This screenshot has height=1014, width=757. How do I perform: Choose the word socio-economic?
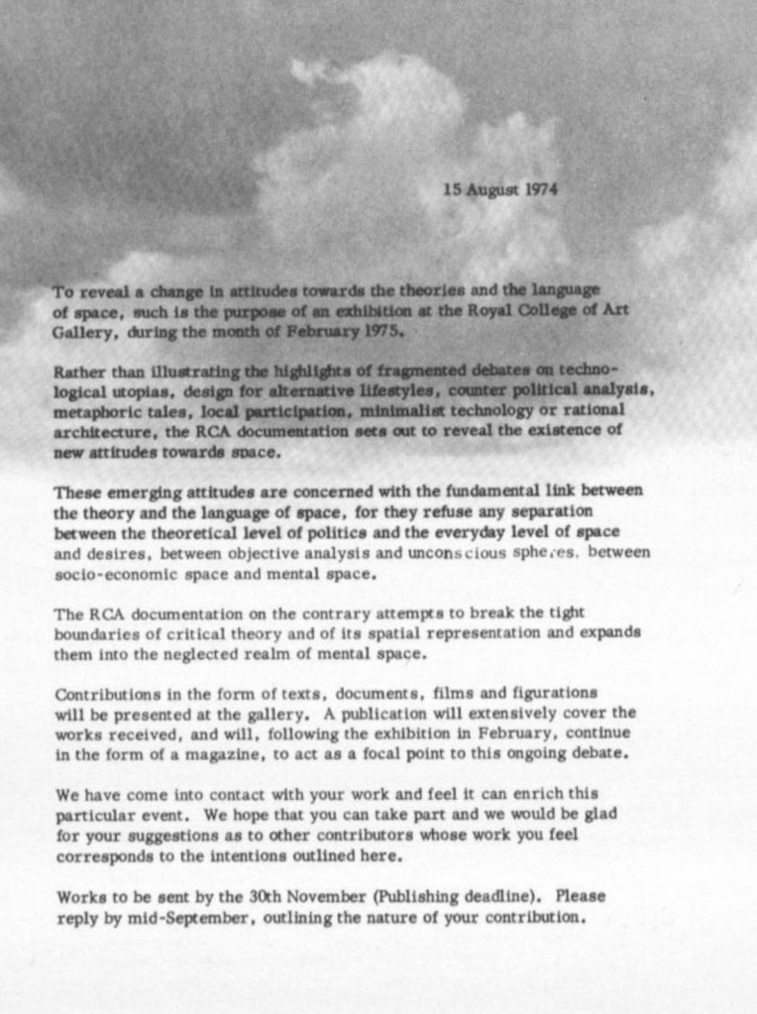pyautogui.click(x=110, y=574)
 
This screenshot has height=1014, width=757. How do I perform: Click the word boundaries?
pyautogui.click(x=94, y=634)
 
